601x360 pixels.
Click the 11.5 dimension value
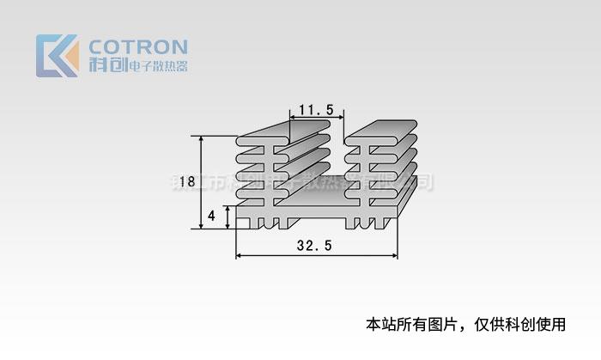317,110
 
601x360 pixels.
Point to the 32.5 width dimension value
314,246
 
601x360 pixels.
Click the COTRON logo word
138,46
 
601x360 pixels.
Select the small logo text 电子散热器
156,67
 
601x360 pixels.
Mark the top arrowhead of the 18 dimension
203,139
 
